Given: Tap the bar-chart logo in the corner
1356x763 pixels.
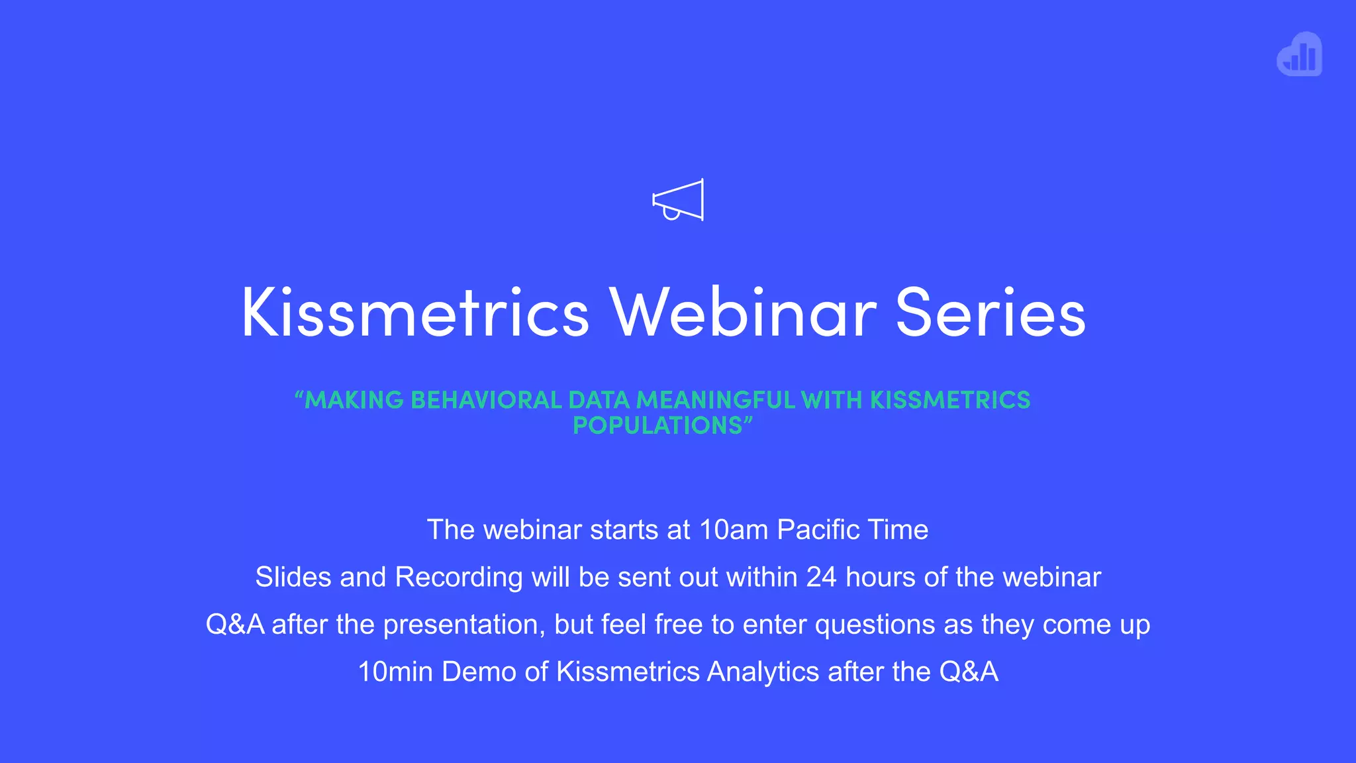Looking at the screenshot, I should pyautogui.click(x=1300, y=55).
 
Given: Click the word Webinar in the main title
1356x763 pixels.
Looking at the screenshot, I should pyautogui.click(x=743, y=313).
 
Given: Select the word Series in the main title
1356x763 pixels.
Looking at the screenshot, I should pyautogui.click(x=991, y=313).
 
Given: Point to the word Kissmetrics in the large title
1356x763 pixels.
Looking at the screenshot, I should pyautogui.click(x=415, y=313).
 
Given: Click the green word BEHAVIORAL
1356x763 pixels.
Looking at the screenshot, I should pyautogui.click(x=486, y=400).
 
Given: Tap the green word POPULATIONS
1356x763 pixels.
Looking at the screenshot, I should pyautogui.click(x=657, y=425).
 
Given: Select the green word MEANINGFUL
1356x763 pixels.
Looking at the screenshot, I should pyautogui.click(x=715, y=400).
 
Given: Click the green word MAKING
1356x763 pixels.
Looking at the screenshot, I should pyautogui.click(x=353, y=400).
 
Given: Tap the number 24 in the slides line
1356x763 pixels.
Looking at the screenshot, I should pyautogui.click(x=821, y=577).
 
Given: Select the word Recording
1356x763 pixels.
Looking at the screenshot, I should pyautogui.click(x=459, y=577).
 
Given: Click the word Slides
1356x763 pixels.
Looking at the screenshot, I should pyautogui.click(x=293, y=577).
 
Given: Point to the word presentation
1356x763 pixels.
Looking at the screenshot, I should pyautogui.click(x=464, y=625).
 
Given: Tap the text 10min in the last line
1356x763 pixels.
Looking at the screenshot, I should pyautogui.click(x=395, y=672).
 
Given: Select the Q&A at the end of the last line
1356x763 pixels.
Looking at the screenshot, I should pyautogui.click(x=968, y=672).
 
